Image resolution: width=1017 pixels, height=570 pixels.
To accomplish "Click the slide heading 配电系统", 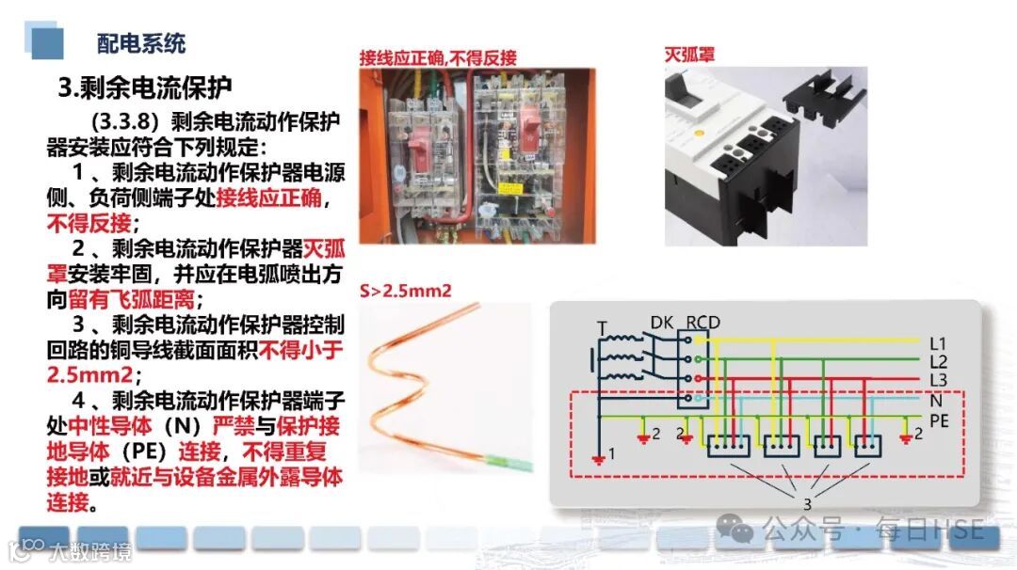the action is [x=141, y=42].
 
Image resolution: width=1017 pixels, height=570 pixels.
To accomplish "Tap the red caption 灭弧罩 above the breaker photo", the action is [x=689, y=55].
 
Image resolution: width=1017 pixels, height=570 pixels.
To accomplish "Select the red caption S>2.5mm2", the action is [x=406, y=291].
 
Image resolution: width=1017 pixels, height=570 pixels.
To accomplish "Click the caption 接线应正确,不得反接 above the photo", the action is [x=438, y=58].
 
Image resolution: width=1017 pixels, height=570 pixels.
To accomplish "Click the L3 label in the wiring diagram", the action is [x=938, y=379].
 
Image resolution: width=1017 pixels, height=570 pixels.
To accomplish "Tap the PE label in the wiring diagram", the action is [x=939, y=420].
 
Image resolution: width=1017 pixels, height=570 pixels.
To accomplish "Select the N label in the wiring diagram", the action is [x=935, y=399].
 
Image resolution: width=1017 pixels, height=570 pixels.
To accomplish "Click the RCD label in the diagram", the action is [x=702, y=323].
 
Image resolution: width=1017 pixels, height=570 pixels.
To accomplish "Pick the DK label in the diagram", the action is [x=662, y=323].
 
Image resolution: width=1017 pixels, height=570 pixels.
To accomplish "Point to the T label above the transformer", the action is [x=602, y=328].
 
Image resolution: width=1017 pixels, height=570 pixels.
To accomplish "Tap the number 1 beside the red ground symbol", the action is [x=611, y=454].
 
